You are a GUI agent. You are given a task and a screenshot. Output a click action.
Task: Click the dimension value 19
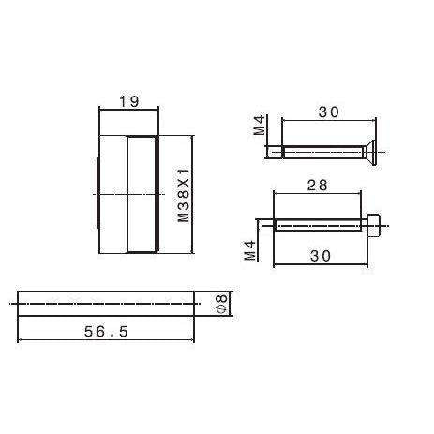point(129,101)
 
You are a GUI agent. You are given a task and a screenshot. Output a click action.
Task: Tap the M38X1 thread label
point(184,195)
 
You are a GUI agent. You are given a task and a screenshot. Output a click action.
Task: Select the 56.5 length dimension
point(106,332)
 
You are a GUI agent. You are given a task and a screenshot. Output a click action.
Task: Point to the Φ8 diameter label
point(222,304)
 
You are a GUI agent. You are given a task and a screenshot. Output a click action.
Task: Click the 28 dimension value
point(317,186)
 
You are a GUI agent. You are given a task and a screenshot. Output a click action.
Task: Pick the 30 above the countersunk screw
point(328,112)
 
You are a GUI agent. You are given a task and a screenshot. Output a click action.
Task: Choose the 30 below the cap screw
point(321,256)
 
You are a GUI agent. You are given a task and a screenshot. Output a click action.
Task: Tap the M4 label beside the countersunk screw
point(259,125)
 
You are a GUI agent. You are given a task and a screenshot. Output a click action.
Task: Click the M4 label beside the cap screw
point(250,250)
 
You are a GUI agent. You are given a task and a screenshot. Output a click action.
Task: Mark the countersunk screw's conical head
point(370,152)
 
